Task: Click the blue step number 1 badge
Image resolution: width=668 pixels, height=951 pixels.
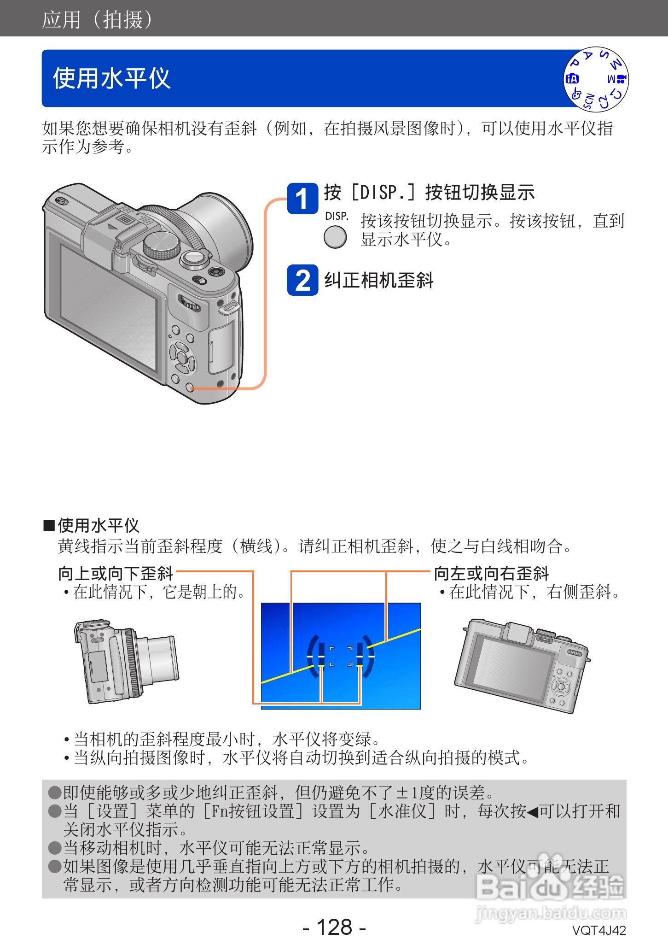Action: coord(302,198)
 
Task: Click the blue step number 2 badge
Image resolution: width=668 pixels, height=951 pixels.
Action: coord(302,280)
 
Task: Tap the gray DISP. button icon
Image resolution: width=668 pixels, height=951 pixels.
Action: coord(335,238)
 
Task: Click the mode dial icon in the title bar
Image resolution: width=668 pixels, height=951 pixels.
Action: coord(596,79)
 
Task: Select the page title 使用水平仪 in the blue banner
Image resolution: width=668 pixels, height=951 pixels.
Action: coord(111,78)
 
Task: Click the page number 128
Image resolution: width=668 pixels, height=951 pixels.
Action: coord(334,927)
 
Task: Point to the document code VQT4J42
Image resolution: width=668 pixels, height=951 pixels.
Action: coord(598,931)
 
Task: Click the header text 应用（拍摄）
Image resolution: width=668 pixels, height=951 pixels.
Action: coord(97,19)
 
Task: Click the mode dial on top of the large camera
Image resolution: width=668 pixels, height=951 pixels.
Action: coord(161,245)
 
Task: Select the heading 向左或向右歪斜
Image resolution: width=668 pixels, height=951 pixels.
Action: coord(491,574)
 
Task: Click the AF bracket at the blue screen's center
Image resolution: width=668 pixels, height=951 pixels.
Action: coord(341,656)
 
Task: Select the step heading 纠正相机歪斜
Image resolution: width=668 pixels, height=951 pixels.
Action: coord(378,280)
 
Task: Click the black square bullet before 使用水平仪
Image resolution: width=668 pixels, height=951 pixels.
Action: coord(49,525)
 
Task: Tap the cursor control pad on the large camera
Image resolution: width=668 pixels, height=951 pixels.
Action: coord(182,356)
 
